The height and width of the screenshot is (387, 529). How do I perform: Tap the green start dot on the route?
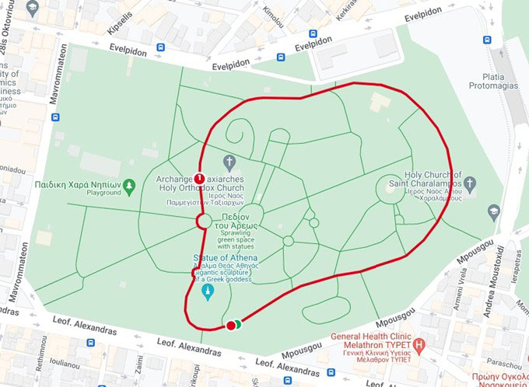pos(236,324)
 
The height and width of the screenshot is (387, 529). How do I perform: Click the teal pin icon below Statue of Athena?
pos(208,292)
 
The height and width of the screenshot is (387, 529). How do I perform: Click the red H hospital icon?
pos(420,343)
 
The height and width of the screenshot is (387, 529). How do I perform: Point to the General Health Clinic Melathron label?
pos(371,343)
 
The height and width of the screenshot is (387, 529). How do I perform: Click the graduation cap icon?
pos(493,211)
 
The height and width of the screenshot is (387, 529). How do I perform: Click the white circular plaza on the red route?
pos(202,221)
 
